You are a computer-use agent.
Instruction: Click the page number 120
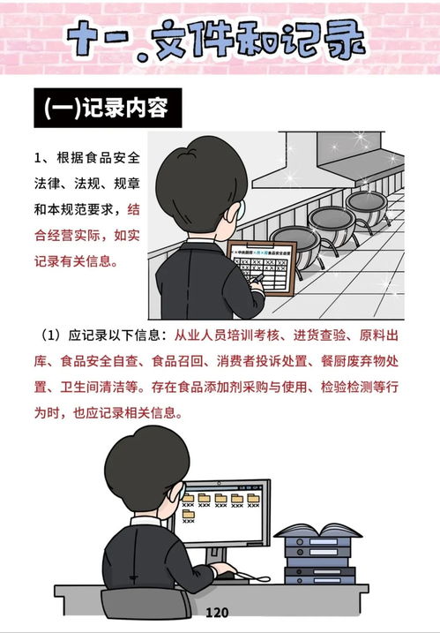point(217,613)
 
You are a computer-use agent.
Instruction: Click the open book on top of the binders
point(317,531)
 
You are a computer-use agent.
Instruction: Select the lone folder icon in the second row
point(188,515)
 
